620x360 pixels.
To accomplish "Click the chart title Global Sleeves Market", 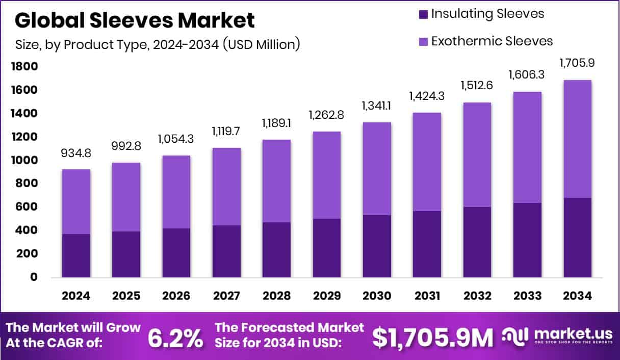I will pyautogui.click(x=135, y=20).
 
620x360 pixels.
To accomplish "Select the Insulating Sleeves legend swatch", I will pyautogui.click(x=422, y=14).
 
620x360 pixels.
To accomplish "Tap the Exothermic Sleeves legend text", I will pyautogui.click(x=492, y=41).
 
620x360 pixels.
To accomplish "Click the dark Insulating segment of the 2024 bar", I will pyautogui.click(x=76, y=255).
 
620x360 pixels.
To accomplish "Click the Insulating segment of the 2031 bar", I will pyautogui.click(x=427, y=244).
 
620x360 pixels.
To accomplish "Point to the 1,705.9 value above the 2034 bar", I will pyautogui.click(x=578, y=63).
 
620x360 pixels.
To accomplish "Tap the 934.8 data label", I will pyautogui.click(x=76, y=153).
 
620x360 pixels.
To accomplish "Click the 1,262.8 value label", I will pyautogui.click(x=327, y=115).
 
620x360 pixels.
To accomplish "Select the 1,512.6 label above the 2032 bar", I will pyautogui.click(x=477, y=85).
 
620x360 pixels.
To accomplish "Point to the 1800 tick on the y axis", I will pyautogui.click(x=24, y=67).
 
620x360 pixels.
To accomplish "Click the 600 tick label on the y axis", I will pyautogui.click(x=27, y=207).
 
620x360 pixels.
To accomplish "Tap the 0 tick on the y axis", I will pyautogui.click(x=34, y=277).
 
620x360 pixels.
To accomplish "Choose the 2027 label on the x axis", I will pyautogui.click(x=226, y=296).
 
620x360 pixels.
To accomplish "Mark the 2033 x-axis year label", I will pyautogui.click(x=527, y=296).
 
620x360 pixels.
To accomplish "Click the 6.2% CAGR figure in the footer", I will pyautogui.click(x=175, y=338).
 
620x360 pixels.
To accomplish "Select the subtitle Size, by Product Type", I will pyautogui.click(x=157, y=44).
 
